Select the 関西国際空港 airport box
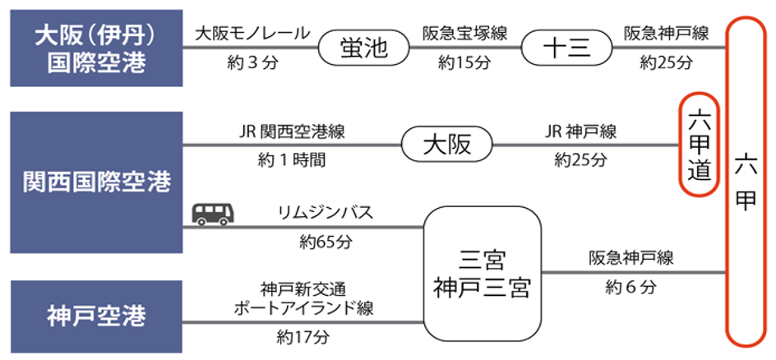[x=95, y=182]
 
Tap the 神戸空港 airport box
[x=95, y=316]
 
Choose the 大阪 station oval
[x=447, y=145]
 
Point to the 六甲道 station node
[x=699, y=145]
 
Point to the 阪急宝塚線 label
[x=464, y=35]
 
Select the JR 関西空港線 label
[x=292, y=132]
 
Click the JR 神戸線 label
[x=580, y=132]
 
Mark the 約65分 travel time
[x=326, y=242]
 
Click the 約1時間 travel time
[x=292, y=159]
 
